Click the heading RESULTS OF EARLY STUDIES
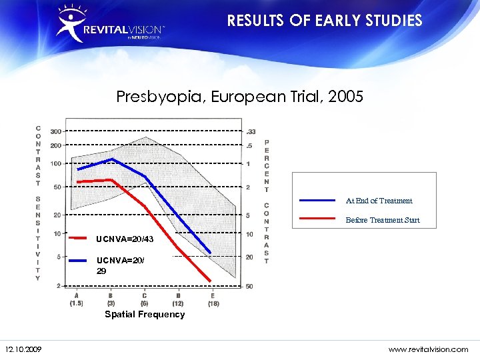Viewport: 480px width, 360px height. (325, 21)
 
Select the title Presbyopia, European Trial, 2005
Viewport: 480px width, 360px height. (239, 97)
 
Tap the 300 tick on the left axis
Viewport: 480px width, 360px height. (56, 131)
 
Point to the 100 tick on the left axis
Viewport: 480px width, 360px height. (56, 163)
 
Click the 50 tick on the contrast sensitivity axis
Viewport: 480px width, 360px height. (57, 187)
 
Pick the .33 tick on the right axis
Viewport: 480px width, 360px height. (251, 131)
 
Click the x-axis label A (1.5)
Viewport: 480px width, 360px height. (76, 299)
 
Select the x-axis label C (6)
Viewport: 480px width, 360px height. (145, 299)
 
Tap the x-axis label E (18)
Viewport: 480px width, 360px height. (213, 299)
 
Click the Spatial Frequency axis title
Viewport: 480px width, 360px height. (145, 314)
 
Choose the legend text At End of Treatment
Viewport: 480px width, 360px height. (379, 201)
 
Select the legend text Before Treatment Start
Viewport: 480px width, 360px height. (383, 220)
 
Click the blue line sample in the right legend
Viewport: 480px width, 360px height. (317, 200)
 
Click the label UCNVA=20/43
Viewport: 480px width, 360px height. (125, 239)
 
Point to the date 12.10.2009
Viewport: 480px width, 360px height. (23, 349)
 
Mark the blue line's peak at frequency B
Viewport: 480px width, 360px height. (111, 159)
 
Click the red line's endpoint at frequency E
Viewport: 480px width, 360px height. (211, 281)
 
